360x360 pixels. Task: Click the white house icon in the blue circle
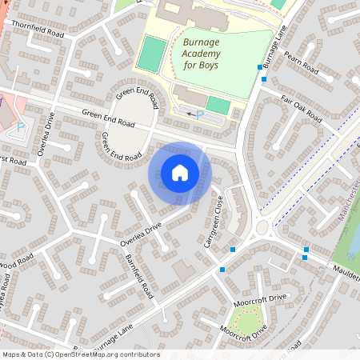180,173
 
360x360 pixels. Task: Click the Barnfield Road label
139,274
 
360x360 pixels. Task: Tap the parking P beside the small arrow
200,115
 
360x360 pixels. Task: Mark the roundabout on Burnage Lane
261,229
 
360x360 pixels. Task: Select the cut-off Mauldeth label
346,275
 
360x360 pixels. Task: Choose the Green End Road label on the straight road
108,118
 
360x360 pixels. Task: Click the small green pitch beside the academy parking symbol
218,105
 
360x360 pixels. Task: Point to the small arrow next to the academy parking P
190,114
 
